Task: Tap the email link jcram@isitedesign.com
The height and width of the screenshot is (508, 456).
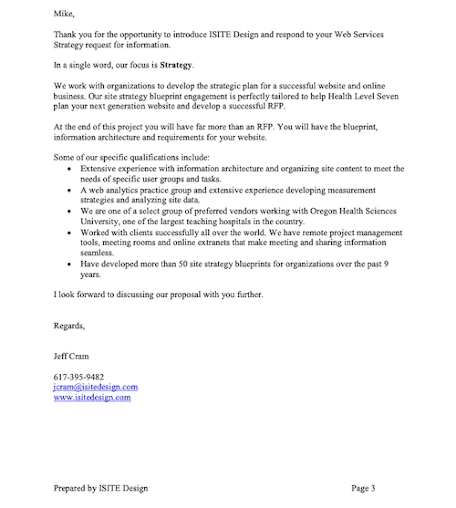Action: click(95, 387)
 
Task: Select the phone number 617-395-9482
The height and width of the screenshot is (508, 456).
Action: click(79, 377)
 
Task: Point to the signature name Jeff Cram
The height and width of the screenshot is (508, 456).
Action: click(71, 356)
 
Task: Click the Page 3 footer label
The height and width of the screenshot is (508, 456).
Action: click(363, 488)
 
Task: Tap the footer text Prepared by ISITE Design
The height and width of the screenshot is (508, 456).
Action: click(101, 488)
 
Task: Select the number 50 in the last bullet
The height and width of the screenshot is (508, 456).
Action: click(183, 264)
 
